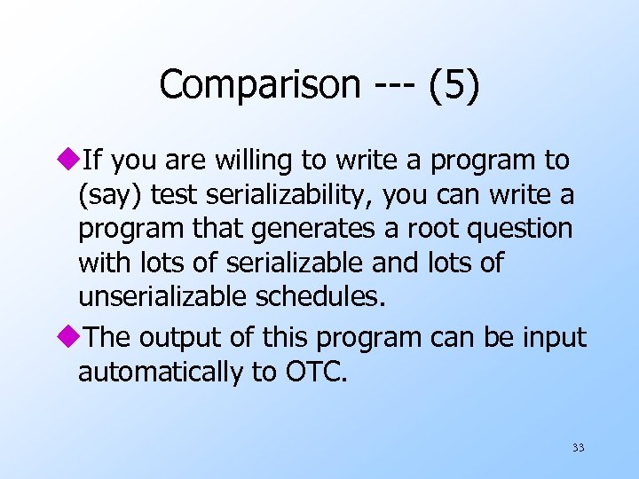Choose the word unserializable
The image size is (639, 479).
click(162, 295)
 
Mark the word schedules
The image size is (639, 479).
click(320, 295)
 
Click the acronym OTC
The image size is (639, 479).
click(316, 372)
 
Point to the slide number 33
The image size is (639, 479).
click(578, 448)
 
